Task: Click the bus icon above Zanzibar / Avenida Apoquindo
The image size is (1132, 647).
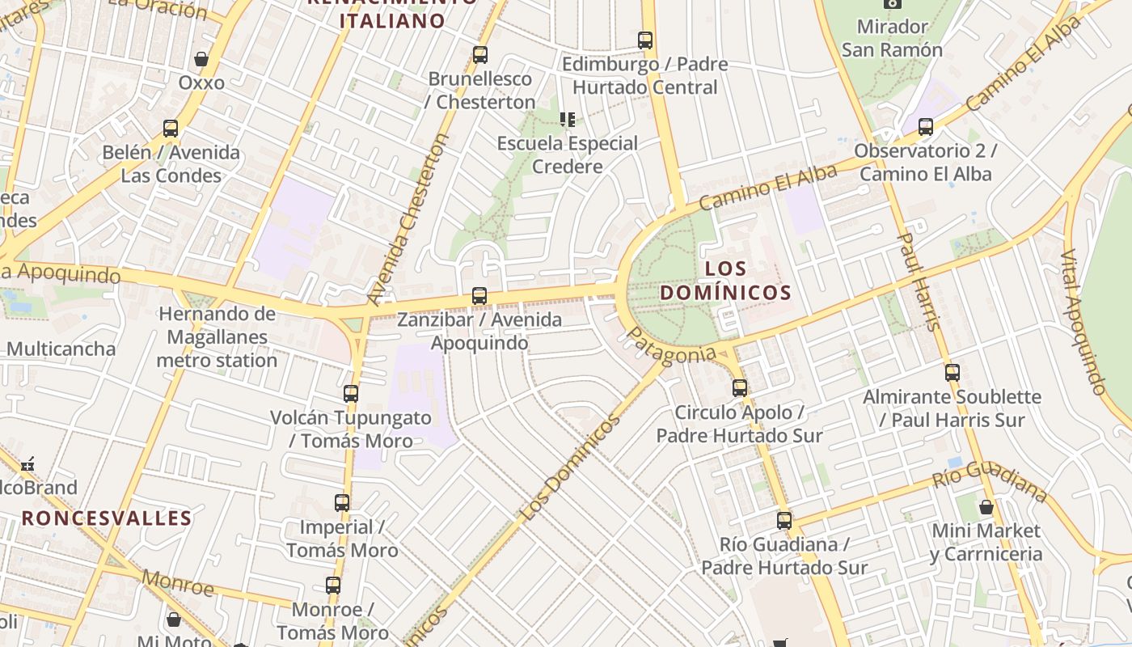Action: point(479,296)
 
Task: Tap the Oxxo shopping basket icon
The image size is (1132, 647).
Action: point(201,59)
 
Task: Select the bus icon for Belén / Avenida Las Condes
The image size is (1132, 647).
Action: point(171,129)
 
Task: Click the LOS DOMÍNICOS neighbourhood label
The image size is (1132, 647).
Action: point(724,280)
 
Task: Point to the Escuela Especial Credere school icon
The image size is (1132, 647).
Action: point(568,120)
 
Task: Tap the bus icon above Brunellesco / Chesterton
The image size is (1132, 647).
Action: point(480,55)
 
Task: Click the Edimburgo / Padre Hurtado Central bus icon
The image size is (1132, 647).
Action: point(645,40)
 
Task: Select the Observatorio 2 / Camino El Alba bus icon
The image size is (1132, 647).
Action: point(926,127)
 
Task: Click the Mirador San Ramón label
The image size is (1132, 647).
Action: point(892,38)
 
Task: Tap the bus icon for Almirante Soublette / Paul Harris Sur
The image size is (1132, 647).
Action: point(952,373)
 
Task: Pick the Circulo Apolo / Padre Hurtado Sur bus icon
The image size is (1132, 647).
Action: point(740,388)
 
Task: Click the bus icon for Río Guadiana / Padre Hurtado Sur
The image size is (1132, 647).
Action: point(784,521)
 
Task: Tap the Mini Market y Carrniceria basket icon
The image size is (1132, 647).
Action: point(986,507)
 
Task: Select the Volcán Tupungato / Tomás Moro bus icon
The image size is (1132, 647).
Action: point(351,394)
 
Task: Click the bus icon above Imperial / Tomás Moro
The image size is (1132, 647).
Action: point(342,503)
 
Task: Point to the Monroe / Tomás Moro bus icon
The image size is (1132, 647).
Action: point(333,586)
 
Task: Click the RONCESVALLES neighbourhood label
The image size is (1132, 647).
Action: point(107,518)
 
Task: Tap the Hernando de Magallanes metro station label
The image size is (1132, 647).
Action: point(217,337)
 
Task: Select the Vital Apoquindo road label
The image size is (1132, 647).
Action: point(1082,322)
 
